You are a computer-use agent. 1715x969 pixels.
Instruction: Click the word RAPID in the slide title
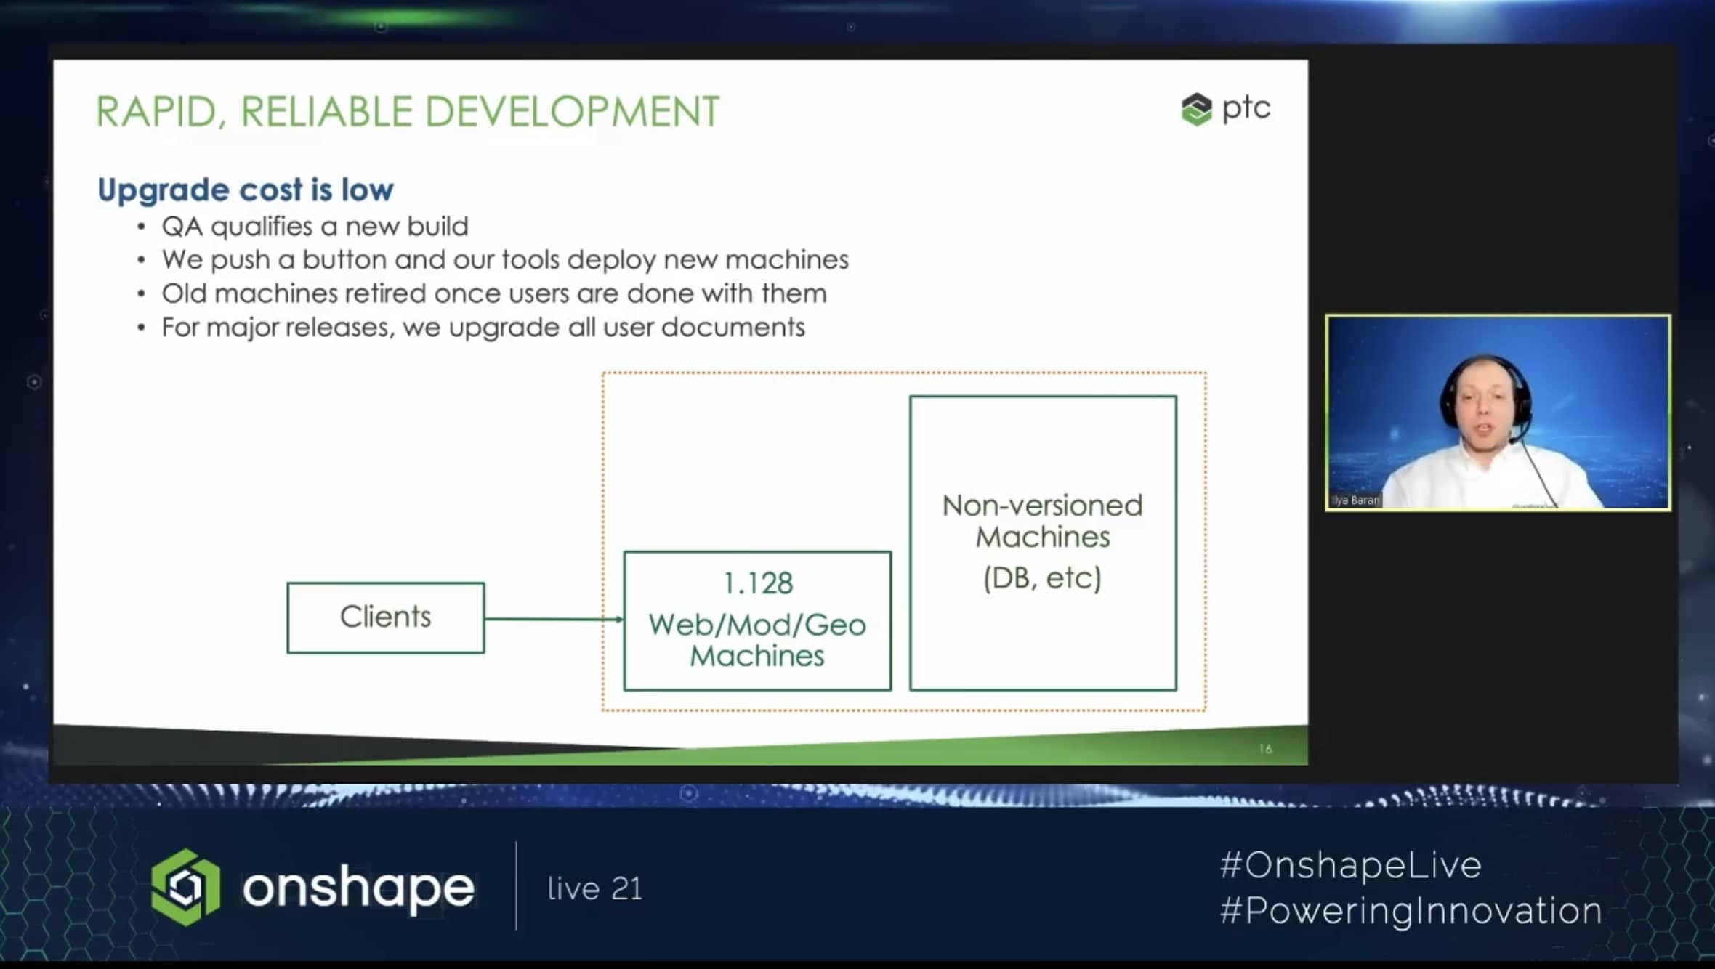click(x=156, y=113)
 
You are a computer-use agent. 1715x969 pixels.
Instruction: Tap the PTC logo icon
click(x=1196, y=109)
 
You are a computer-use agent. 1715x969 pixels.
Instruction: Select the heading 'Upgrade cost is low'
click(x=246, y=190)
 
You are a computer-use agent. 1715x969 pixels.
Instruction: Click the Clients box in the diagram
click(x=386, y=617)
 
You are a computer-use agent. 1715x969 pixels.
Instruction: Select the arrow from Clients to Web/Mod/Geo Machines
click(x=554, y=619)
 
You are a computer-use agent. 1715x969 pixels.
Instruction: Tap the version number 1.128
click(x=758, y=583)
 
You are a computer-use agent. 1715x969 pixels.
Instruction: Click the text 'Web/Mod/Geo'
click(x=757, y=625)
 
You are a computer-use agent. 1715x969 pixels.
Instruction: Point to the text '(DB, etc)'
click(x=1043, y=578)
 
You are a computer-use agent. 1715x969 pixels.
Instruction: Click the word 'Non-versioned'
click(x=1043, y=506)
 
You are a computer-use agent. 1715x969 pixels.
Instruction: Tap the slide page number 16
click(x=1265, y=748)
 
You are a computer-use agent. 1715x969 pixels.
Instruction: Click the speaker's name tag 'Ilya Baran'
click(x=1355, y=500)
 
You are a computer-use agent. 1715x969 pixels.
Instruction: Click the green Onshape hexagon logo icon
click(x=185, y=887)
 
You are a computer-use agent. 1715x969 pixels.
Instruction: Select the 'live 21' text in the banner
click(x=595, y=888)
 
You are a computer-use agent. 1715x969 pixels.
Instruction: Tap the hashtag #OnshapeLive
click(x=1351, y=865)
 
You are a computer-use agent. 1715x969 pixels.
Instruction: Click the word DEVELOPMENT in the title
click(x=572, y=113)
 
